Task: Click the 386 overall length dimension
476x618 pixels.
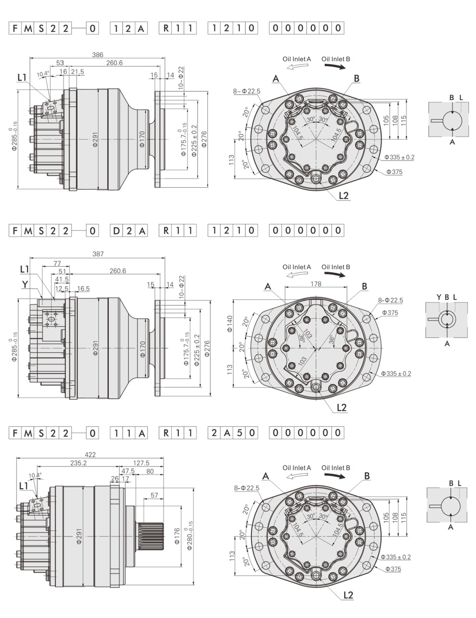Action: [x=97, y=55]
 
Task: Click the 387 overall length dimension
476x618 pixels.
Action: [x=98, y=254]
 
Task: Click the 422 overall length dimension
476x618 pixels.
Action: [x=90, y=454]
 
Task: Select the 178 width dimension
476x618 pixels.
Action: [x=316, y=284]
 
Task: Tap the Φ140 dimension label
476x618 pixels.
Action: [x=230, y=323]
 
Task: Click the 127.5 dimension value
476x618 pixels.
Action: [x=141, y=463]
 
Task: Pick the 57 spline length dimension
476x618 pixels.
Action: [x=154, y=495]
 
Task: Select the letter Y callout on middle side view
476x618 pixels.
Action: [x=24, y=284]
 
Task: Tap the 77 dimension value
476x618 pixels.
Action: [x=57, y=263]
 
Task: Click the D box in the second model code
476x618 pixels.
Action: [x=117, y=231]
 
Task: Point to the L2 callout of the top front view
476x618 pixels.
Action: [x=344, y=195]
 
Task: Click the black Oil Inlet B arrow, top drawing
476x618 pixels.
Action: [x=335, y=67]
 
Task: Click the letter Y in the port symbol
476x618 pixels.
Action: [x=439, y=297]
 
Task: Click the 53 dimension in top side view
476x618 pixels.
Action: [x=60, y=63]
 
